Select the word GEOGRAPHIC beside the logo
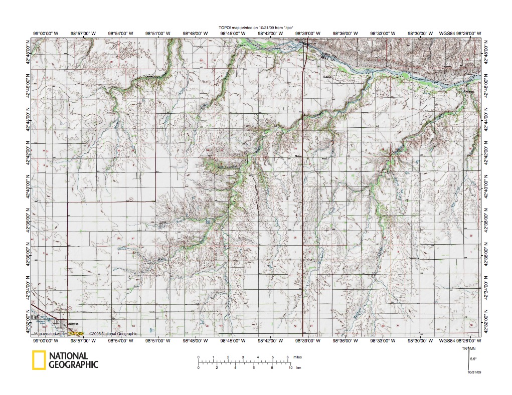coord(73,365)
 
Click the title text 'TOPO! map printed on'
coord(236,28)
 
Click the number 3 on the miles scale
coord(243,357)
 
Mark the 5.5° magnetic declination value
coord(473,358)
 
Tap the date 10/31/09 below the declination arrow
coord(474,372)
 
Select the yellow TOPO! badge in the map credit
coord(75,333)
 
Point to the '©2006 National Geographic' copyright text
coord(112,333)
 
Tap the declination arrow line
coord(467,360)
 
